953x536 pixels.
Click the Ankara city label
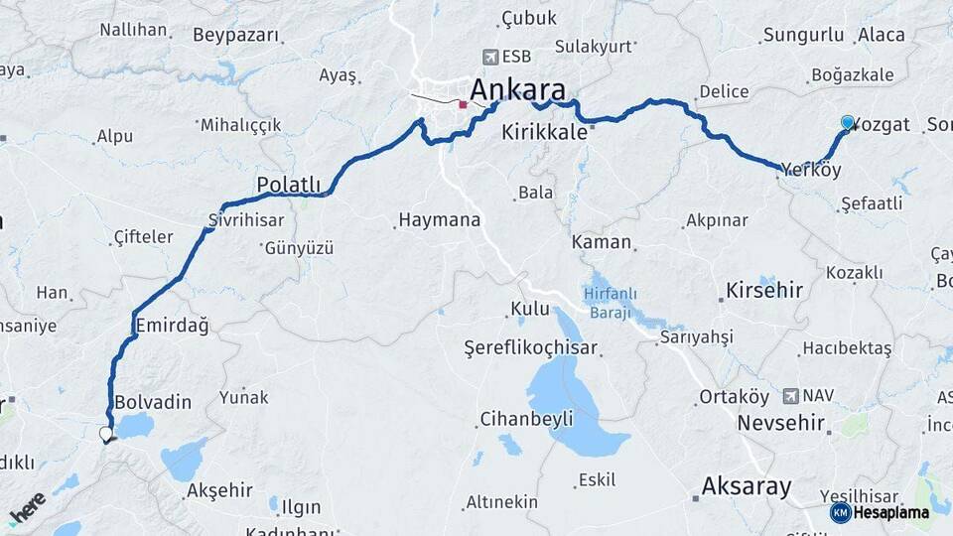pyautogui.click(x=524, y=87)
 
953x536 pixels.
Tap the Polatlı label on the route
pyautogui.click(x=288, y=185)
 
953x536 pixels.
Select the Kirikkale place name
pyautogui.click(x=545, y=132)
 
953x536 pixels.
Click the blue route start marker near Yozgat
pyautogui.click(x=847, y=122)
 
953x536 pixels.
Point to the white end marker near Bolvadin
pyautogui.click(x=105, y=434)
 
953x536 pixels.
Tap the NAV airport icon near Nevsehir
pyautogui.click(x=791, y=395)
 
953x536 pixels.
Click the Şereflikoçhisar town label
pyautogui.click(x=531, y=347)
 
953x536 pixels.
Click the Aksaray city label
pyautogui.click(x=747, y=486)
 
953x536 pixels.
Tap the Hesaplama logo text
pyautogui.click(x=891, y=512)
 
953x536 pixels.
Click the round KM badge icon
pyautogui.click(x=841, y=512)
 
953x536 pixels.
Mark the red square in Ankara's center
pyautogui.click(x=463, y=103)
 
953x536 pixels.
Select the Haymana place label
pyautogui.click(x=439, y=219)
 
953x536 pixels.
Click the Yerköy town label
pyautogui.click(x=811, y=171)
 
